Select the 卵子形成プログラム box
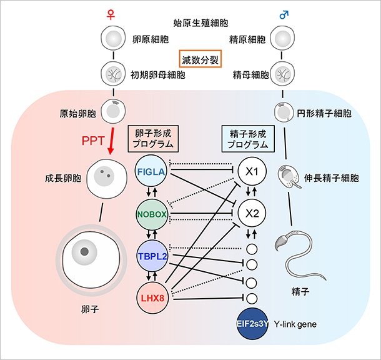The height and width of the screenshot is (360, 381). point(150,139)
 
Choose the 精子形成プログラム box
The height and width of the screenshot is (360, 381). point(248,139)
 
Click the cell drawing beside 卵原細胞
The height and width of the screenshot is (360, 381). point(113,40)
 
